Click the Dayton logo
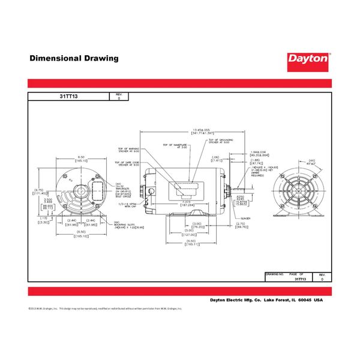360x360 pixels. click(x=308, y=59)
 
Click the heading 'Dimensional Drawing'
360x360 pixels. click(x=74, y=59)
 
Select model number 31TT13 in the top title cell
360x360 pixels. click(x=69, y=96)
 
